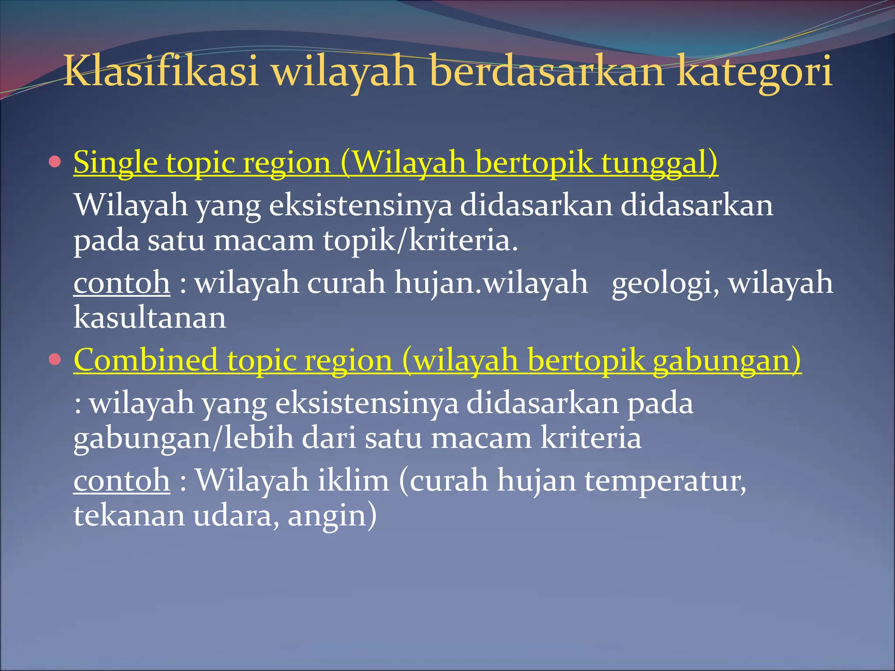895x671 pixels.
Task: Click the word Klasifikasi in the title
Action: pos(161,71)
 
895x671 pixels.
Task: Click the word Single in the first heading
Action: pos(115,163)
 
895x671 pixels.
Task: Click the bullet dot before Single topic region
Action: pos(55,163)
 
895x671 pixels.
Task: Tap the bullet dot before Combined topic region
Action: pos(55,360)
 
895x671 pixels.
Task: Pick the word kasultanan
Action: pos(150,318)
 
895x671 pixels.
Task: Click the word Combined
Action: pos(146,360)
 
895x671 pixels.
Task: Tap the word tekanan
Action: pos(129,515)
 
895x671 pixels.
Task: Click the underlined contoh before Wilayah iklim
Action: pos(121,481)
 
